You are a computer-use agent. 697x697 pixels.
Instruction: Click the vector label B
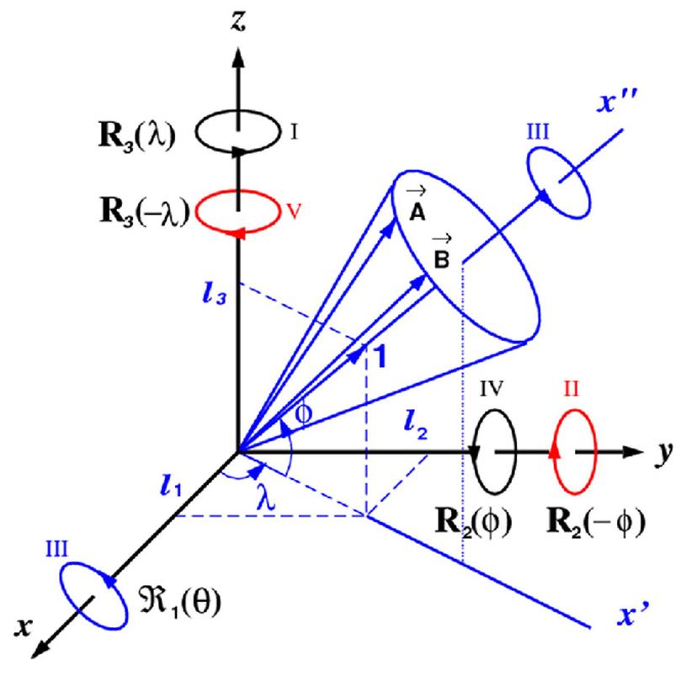click(x=439, y=256)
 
